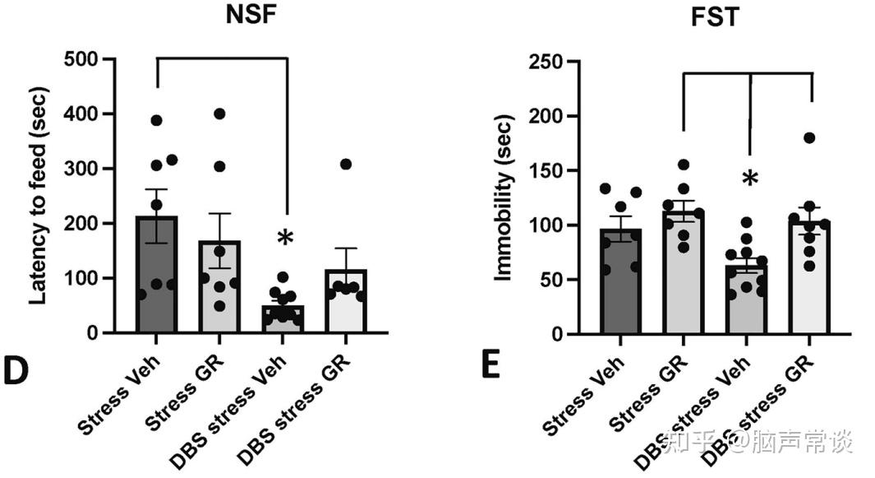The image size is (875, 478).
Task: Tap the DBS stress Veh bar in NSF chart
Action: (x=283, y=319)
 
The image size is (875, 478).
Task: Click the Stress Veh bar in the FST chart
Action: (x=621, y=288)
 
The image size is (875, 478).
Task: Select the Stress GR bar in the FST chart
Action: (x=684, y=280)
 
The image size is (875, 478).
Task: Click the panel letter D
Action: (x=16, y=371)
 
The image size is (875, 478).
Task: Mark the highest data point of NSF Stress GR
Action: (x=219, y=114)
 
